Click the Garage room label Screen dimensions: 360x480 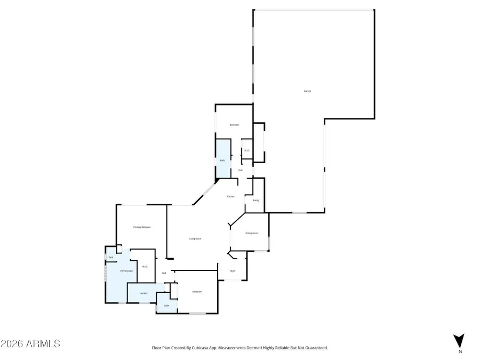coord(307,91)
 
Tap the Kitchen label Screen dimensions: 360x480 coord(231,197)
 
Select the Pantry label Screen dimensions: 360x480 coord(255,201)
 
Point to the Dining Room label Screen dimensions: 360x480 coord(252,233)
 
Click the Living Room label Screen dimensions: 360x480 coord(195,238)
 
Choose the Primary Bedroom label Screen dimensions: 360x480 coord(142,227)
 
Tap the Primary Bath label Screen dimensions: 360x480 coord(126,271)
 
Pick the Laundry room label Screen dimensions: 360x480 coord(143,293)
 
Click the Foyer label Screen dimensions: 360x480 coord(233,271)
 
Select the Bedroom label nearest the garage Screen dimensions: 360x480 coord(234,125)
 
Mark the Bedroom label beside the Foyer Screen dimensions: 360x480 coord(197,292)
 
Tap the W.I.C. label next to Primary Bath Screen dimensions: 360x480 coord(145,267)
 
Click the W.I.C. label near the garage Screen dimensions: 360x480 coord(247,151)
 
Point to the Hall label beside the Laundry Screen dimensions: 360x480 coord(164,273)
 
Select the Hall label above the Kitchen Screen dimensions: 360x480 coord(241,170)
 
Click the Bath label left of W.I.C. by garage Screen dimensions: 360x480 coord(222,160)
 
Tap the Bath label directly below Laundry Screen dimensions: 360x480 coord(166,306)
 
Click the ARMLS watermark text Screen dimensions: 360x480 coord(30,343)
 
